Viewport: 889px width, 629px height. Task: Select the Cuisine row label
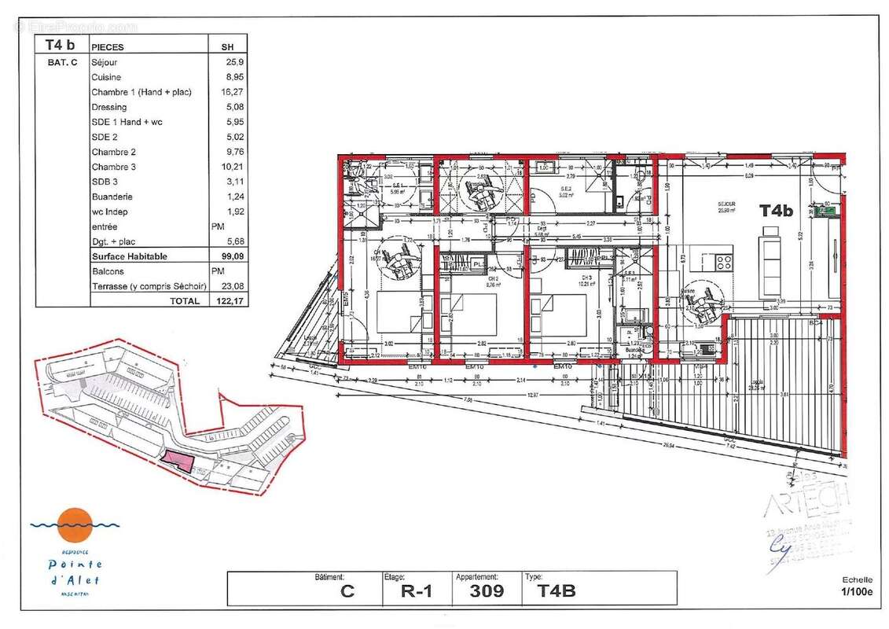pos(106,77)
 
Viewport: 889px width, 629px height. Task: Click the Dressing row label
pos(108,107)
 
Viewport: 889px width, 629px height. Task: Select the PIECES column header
pos(108,47)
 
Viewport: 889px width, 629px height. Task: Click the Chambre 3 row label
pos(114,167)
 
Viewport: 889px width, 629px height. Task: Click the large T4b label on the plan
pos(775,211)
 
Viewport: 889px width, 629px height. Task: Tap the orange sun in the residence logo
pos(76,521)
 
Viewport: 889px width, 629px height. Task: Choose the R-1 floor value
pos(413,591)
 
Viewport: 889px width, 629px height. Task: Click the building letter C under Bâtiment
pos(347,591)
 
